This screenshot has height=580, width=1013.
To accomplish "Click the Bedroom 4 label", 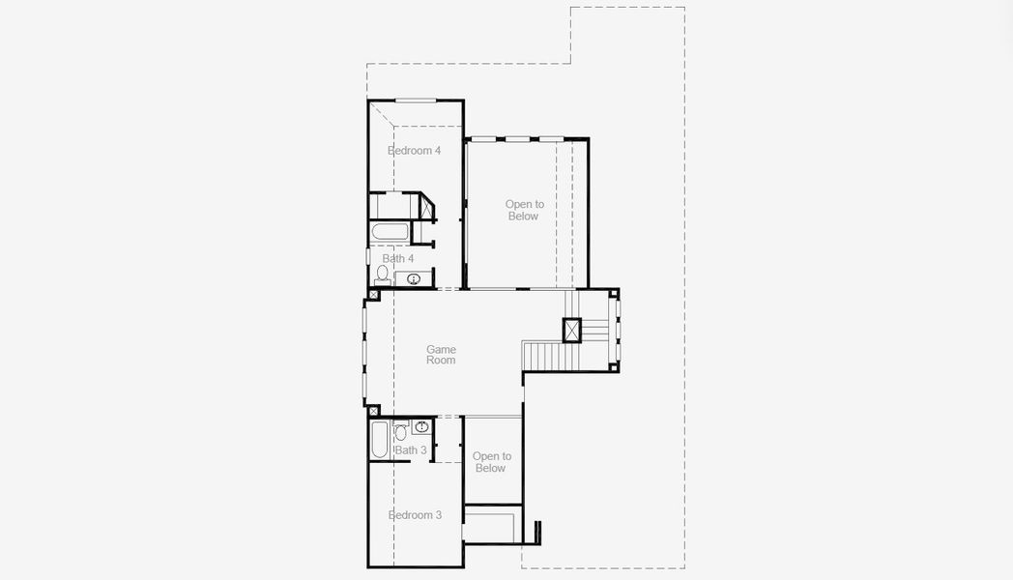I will click(414, 151).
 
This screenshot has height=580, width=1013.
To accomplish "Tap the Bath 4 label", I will click(397, 259).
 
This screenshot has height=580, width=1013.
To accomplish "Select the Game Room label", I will click(441, 355).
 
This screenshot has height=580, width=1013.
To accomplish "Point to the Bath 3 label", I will click(411, 450).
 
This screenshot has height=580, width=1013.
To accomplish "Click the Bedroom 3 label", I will click(415, 515).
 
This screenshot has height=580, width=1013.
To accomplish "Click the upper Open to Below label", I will click(524, 210).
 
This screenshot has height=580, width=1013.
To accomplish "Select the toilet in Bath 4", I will click(382, 275).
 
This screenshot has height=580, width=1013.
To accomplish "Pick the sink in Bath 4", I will click(414, 279).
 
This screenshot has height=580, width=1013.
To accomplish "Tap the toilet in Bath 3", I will click(401, 432).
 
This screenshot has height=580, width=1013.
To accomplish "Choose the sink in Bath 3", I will click(421, 426).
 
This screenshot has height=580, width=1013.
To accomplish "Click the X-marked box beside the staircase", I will click(572, 331).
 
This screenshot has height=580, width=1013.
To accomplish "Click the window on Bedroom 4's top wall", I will click(415, 101).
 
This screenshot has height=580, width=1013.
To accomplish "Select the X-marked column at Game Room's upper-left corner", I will click(374, 294).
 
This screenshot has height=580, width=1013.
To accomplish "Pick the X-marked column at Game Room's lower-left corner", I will click(374, 412).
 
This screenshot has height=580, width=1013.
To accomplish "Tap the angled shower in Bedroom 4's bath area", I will click(426, 207).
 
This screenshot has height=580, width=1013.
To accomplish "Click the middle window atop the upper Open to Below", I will click(518, 138).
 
